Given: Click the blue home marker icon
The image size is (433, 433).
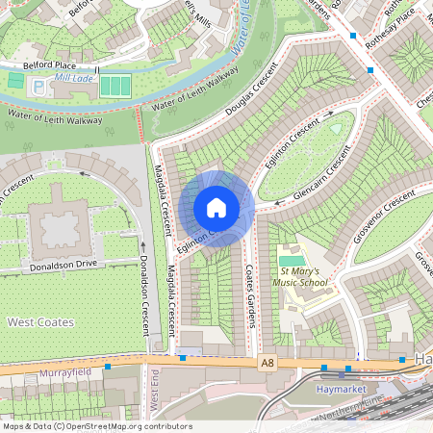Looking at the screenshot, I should [216, 208].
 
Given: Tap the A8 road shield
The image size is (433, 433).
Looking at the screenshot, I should [267, 362].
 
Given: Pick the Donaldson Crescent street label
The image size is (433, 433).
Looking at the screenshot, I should [143, 293].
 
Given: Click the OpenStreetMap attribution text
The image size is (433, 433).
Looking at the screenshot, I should [96, 425].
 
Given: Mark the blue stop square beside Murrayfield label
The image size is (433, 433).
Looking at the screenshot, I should [109, 367].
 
